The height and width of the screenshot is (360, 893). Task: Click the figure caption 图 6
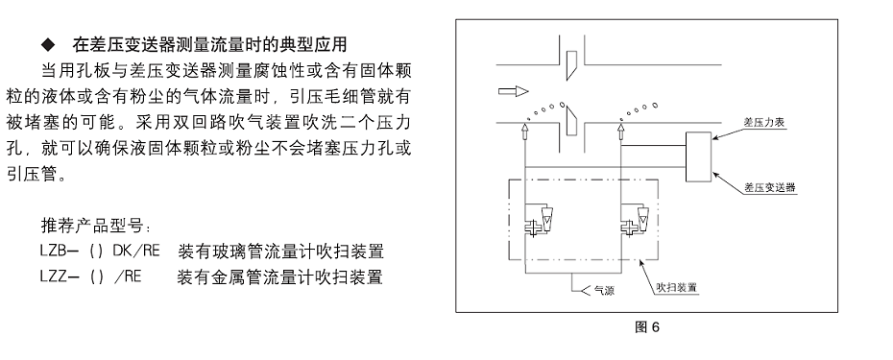pos(641,326)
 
